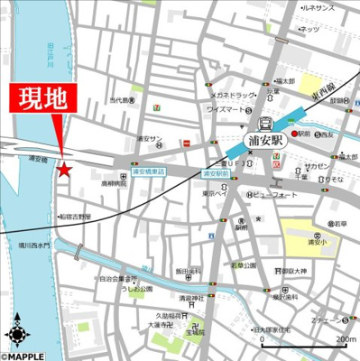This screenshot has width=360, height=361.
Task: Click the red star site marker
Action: pos(64,169)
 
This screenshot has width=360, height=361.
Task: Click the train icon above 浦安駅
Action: pos(267,125)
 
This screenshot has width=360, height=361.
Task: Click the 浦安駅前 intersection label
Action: pos(217,171)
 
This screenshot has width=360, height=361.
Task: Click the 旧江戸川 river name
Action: pos(51,54)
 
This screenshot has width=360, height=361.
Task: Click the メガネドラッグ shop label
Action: pos(231,95)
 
